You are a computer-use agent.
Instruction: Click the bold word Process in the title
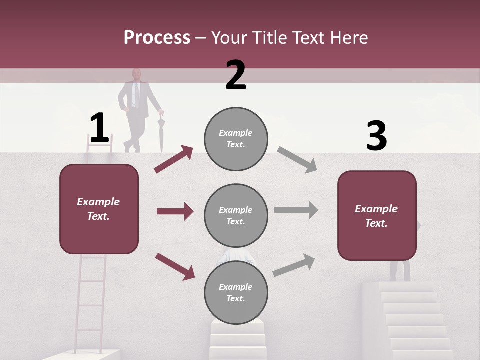click(x=157, y=37)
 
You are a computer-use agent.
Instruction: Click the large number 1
click(x=99, y=128)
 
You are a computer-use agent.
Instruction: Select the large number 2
click(x=236, y=75)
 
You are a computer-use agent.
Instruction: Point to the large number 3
click(x=376, y=136)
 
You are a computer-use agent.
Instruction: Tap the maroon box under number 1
click(x=99, y=209)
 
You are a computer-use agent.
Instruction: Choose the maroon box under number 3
click(x=377, y=215)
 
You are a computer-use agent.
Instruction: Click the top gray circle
click(x=236, y=138)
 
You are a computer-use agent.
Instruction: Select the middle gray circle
click(x=236, y=215)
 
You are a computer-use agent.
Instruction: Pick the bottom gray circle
click(x=236, y=292)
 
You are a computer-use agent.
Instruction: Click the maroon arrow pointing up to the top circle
click(x=173, y=159)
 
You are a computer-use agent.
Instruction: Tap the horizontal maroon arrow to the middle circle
click(x=175, y=211)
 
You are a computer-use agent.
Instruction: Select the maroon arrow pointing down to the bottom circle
click(x=175, y=266)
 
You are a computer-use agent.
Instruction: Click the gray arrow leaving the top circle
click(x=297, y=159)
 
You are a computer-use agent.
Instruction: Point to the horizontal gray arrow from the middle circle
click(x=295, y=210)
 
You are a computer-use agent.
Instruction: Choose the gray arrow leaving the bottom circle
click(x=294, y=265)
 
